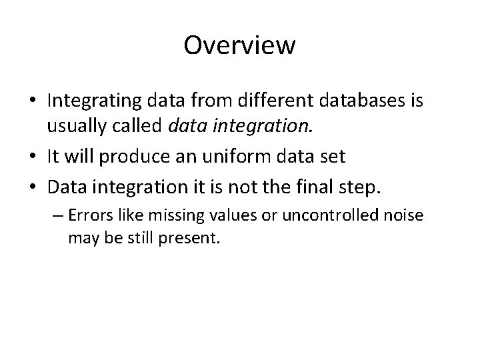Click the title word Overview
pyautogui.click(x=239, y=45)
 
